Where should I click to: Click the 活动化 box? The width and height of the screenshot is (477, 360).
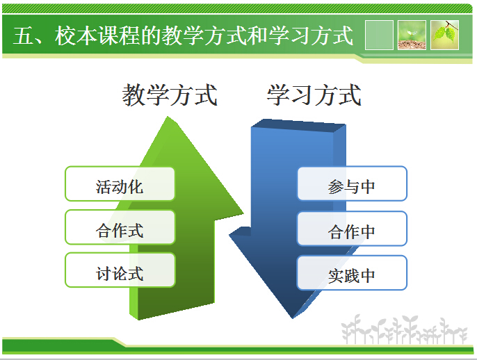[x=120, y=184]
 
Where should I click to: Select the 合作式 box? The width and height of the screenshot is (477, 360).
[x=120, y=228]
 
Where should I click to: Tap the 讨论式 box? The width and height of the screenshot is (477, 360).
[x=120, y=271]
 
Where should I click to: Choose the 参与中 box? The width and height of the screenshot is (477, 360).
[x=352, y=184]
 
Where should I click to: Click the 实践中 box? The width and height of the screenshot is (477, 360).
[x=352, y=273]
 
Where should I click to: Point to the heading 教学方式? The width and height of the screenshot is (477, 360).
[x=170, y=95]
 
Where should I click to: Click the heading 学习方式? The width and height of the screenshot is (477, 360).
[x=314, y=95]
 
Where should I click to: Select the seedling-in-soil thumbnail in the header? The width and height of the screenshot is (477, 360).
[x=412, y=35]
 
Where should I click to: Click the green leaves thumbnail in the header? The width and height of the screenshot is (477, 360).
[x=444, y=35]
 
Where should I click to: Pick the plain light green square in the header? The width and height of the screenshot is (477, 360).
[x=379, y=35]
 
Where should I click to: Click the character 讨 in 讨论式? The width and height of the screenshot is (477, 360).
[x=104, y=272]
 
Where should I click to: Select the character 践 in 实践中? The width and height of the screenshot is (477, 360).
[x=352, y=275]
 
